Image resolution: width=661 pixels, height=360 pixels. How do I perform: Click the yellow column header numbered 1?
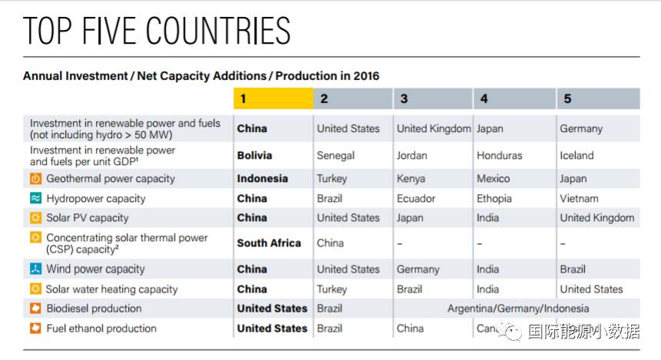pyautogui.click(x=273, y=99)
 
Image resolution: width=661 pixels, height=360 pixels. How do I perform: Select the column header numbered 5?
pyautogui.click(x=597, y=99)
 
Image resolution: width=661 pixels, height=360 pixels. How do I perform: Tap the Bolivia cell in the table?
pyautogui.click(x=254, y=155)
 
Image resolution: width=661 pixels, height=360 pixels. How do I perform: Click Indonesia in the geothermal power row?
pyautogui.click(x=263, y=179)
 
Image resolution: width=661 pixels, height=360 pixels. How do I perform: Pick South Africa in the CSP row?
pyautogui.click(x=269, y=243)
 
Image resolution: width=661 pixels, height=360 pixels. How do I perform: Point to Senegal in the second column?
pyautogui.click(x=336, y=155)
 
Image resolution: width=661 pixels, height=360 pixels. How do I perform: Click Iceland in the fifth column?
pyautogui.click(x=577, y=155)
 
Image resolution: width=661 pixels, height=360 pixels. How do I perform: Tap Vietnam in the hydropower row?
pyautogui.click(x=579, y=198)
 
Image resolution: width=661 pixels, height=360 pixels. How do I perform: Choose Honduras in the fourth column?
pyautogui.click(x=499, y=155)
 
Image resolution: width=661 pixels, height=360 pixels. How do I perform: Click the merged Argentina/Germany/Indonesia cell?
pyautogui.click(x=518, y=309)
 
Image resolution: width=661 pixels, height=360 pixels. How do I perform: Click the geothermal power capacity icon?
pyautogui.click(x=35, y=179)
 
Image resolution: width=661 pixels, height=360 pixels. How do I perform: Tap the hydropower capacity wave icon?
pyautogui.click(x=35, y=198)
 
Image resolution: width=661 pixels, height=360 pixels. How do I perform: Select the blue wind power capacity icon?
pyautogui.click(x=35, y=269)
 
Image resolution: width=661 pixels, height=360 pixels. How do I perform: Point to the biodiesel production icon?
pyautogui.click(x=35, y=309)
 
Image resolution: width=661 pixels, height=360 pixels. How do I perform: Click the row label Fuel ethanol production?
pyautogui.click(x=101, y=329)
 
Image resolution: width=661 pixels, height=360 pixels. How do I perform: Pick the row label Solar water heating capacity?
pyautogui.click(x=111, y=289)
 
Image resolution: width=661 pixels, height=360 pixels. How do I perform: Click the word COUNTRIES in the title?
pyautogui.click(x=218, y=31)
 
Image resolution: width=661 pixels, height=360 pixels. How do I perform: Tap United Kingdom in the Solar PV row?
pyautogui.click(x=597, y=218)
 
